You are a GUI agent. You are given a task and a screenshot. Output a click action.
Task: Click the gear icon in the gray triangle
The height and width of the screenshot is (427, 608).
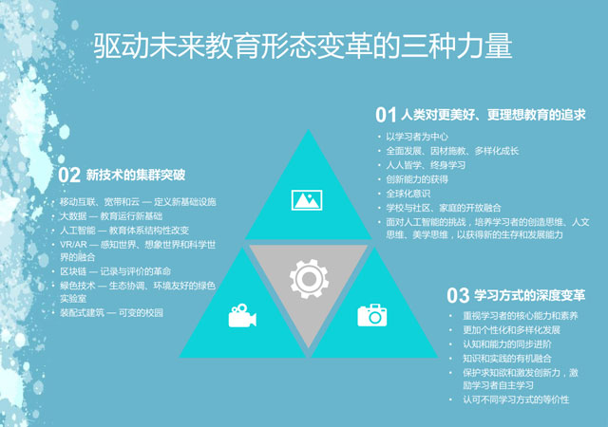(309, 279)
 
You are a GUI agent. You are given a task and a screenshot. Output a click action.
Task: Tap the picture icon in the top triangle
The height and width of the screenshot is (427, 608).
(307, 200)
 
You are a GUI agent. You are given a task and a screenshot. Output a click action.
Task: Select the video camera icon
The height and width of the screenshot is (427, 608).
(242, 315)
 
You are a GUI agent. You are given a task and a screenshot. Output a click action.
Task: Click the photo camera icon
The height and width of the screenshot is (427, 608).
(372, 315)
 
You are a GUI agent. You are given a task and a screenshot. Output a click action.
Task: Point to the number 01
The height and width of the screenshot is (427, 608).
(386, 115)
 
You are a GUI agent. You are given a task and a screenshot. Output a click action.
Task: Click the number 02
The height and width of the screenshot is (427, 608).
(69, 176)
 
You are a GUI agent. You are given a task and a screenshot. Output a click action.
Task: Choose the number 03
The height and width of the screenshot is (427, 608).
(458, 296)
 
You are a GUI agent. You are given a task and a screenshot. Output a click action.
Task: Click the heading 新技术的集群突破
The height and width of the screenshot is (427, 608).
(135, 176)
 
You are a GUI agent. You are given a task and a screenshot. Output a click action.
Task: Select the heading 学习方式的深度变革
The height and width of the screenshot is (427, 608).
(530, 296)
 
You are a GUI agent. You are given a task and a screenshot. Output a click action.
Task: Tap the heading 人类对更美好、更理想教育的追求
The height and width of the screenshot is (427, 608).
(493, 115)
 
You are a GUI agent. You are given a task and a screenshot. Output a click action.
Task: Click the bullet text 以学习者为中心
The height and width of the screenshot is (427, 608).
(417, 137)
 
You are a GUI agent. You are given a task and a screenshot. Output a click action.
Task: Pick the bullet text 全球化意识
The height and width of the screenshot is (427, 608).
(408, 194)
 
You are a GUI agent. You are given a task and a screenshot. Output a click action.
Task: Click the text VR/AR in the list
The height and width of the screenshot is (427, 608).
(73, 245)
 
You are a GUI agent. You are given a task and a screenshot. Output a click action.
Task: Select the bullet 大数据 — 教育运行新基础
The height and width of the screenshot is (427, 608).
(111, 215)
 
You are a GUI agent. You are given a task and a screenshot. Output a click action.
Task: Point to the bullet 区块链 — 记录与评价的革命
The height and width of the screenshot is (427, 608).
(115, 271)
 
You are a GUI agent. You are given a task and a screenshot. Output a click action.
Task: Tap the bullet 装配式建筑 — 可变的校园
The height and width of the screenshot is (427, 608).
(111, 313)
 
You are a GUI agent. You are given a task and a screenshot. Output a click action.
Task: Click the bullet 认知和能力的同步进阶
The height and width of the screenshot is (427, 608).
(507, 344)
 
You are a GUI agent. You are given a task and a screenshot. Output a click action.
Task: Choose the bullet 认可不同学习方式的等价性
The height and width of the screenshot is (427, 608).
(516, 399)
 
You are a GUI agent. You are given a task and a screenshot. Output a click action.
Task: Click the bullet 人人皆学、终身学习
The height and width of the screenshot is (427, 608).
(426, 165)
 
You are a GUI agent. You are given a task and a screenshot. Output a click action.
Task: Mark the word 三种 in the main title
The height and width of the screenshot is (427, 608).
(428, 46)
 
